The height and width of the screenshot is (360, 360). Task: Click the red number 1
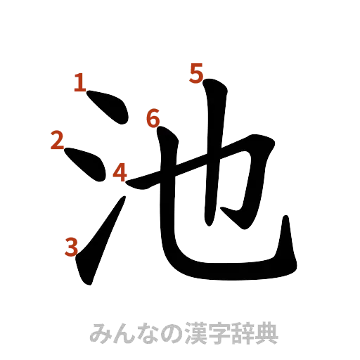[x=81, y=84]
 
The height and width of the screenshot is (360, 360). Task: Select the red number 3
[x=70, y=246]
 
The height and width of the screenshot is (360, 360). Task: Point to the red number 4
[x=120, y=172]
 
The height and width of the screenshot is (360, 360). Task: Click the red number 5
[x=195, y=72]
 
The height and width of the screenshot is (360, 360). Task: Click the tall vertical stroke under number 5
[x=211, y=155]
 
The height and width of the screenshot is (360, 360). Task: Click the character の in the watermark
[x=160, y=333]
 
